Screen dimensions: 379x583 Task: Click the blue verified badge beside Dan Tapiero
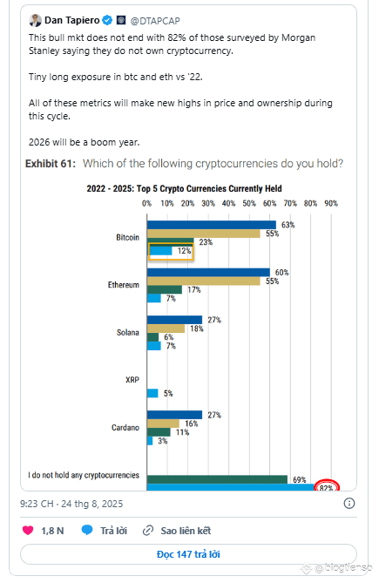(107, 20)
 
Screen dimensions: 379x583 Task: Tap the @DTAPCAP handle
(155, 21)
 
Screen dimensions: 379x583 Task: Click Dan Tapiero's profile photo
(36, 20)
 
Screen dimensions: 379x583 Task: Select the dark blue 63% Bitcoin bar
(212, 225)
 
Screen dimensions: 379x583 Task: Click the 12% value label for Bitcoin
(184, 251)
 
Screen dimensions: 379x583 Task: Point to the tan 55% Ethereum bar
(204, 281)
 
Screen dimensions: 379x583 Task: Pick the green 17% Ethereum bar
(165, 289)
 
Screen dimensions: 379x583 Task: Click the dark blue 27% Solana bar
(174, 320)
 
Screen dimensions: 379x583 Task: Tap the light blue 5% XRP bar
(152, 393)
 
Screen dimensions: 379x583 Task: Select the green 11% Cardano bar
(159, 432)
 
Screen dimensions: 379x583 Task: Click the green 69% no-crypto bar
(217, 479)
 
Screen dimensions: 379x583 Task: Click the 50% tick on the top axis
(249, 203)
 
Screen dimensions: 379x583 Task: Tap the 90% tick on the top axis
(331, 203)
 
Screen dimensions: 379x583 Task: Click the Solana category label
(128, 332)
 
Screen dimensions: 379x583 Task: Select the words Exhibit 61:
(51, 164)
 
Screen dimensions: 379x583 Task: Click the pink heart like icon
(28, 530)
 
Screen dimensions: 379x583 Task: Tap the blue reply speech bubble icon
(87, 530)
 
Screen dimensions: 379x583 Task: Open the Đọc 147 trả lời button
(188, 554)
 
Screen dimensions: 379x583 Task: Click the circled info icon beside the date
(349, 504)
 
